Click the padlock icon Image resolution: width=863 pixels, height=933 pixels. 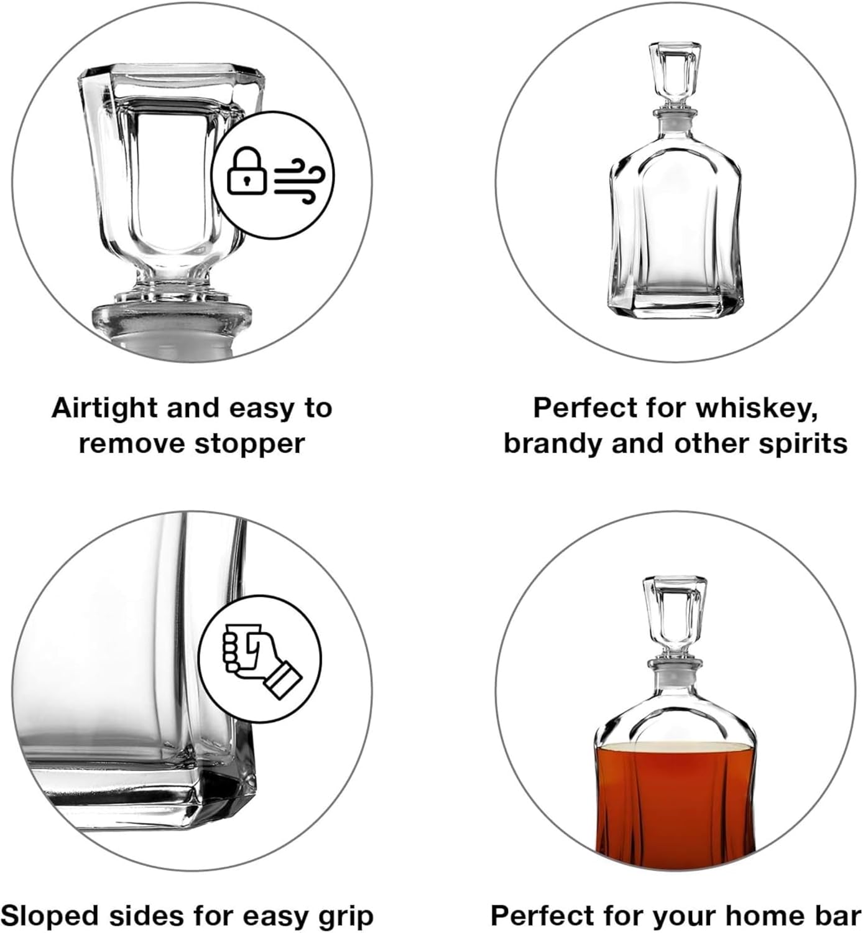point(247,170)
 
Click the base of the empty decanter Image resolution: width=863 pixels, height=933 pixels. point(675,305)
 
